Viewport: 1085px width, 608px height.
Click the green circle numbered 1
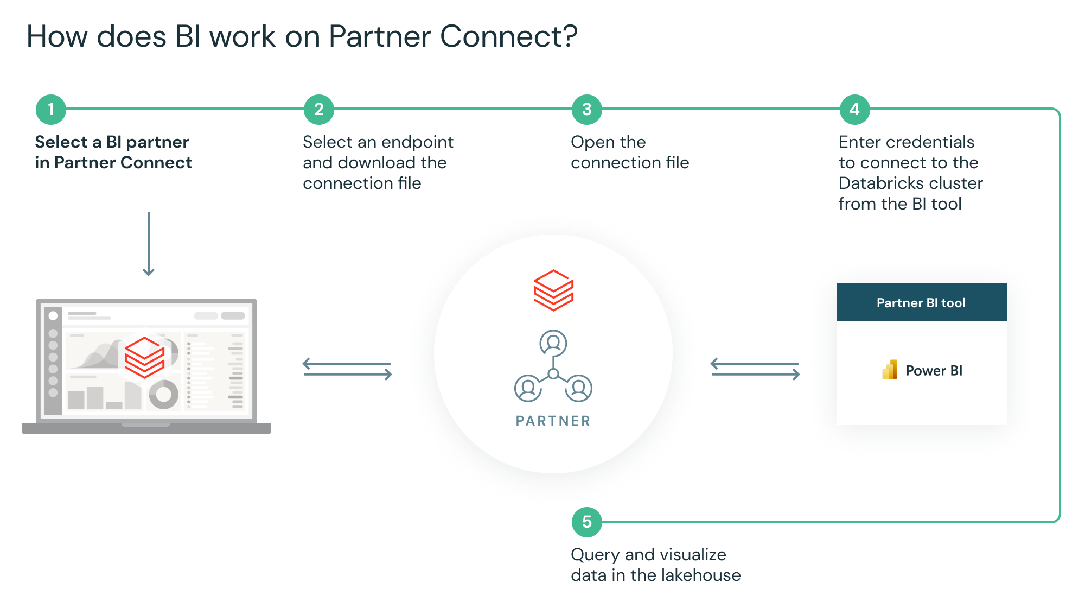51,110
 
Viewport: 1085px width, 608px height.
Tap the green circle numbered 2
319,110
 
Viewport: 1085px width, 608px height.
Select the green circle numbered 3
587,110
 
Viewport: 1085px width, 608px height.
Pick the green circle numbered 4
854,110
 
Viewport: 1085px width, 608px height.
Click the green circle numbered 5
587,522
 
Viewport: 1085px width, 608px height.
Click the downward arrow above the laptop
149,244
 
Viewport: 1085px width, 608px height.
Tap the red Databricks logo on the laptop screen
144,357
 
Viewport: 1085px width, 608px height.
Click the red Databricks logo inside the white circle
553,290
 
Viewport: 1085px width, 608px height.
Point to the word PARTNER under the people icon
553,421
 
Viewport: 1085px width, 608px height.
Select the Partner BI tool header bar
921,302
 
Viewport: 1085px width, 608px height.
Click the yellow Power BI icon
890,370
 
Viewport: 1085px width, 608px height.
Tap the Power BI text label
934,371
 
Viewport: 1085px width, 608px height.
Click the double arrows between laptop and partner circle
347,369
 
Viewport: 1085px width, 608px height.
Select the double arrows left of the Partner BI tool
755,369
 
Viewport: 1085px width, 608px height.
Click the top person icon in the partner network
553,343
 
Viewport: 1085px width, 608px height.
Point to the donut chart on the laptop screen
163,394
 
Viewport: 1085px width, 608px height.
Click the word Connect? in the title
508,37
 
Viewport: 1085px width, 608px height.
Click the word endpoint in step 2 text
417,142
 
